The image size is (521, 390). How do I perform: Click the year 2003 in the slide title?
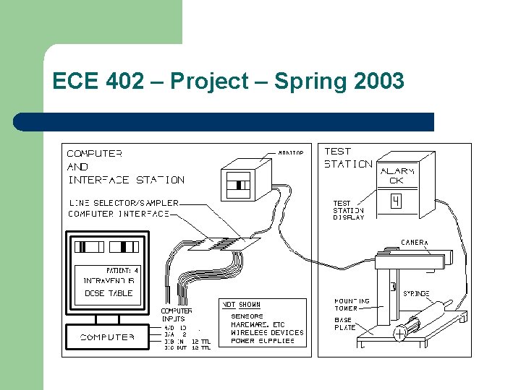(379, 82)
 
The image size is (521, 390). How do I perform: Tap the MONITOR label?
(290, 152)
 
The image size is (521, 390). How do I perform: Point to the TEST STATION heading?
(347, 157)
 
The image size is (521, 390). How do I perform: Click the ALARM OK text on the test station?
(397, 175)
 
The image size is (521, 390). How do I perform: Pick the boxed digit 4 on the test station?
(396, 201)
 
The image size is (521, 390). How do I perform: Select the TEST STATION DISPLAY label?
(348, 210)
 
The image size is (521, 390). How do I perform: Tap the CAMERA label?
(415, 242)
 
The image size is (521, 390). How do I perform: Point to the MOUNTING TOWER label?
(352, 304)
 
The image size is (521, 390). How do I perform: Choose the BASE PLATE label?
(344, 323)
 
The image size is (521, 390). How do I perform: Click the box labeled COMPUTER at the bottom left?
(107, 337)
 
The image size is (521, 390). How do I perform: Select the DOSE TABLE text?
(109, 292)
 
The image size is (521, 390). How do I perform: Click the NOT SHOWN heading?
(241, 305)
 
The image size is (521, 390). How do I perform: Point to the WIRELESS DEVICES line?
(267, 332)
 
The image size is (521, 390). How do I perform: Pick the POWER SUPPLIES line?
(263, 341)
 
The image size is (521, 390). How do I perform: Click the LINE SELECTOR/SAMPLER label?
(123, 203)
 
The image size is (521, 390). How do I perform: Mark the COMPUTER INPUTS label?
(177, 314)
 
